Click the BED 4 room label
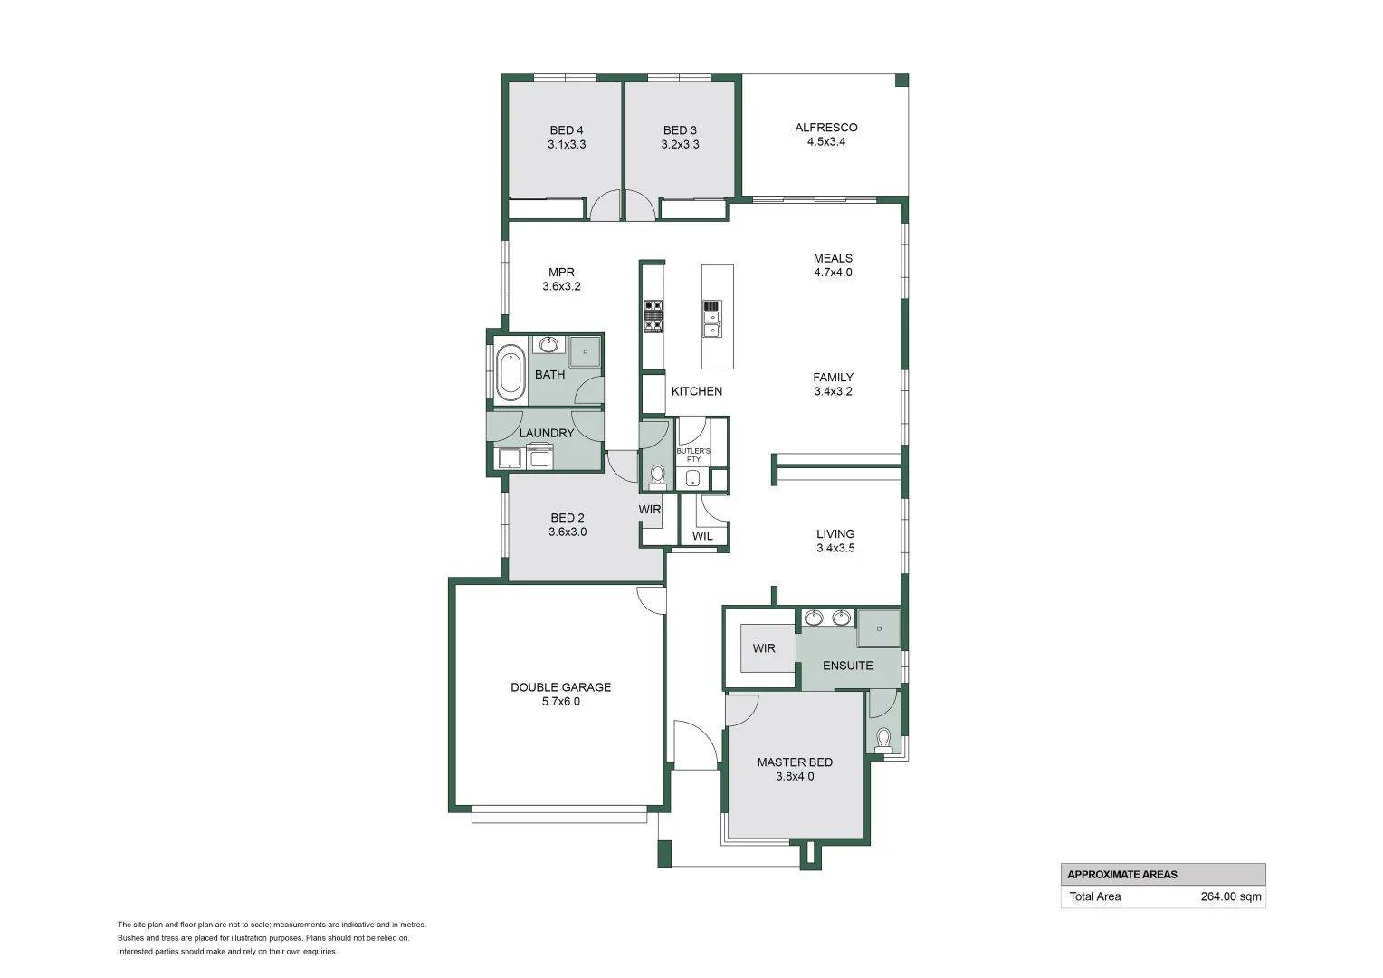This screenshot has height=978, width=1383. click(567, 130)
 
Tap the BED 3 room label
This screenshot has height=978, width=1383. click(680, 130)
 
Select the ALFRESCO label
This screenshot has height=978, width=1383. click(825, 128)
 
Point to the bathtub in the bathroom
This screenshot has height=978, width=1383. click(510, 372)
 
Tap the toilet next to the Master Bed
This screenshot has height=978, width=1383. click(884, 741)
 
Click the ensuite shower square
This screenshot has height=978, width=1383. click(879, 628)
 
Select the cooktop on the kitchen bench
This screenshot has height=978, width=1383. click(653, 316)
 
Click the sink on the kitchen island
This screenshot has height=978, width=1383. click(712, 323)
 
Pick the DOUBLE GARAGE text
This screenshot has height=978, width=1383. click(560, 687)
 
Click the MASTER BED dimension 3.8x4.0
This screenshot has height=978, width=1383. click(795, 776)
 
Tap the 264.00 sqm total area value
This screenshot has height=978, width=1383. click(1230, 896)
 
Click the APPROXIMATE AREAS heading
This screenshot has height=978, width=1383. click(1121, 875)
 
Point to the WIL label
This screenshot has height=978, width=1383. click(702, 536)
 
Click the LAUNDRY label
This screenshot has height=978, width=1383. click(546, 433)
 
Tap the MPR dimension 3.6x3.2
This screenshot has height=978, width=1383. click(561, 286)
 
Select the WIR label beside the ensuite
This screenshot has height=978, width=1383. click(764, 648)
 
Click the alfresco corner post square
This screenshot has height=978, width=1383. click(901, 81)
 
